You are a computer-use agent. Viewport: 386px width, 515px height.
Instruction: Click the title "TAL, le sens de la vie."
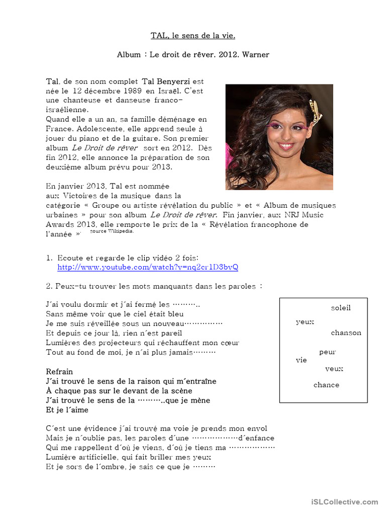coord(193,35)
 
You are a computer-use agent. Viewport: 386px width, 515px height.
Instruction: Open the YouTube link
coord(148,267)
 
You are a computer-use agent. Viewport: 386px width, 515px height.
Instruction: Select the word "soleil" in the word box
coord(341,308)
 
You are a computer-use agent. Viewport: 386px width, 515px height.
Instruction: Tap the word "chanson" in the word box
coord(346,333)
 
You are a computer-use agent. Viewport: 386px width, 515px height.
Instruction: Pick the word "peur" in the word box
coord(328,352)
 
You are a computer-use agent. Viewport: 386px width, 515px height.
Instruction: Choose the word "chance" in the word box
coord(326,385)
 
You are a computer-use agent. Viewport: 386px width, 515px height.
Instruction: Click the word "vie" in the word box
coord(301,360)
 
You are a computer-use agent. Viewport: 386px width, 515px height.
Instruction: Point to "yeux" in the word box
coord(305,322)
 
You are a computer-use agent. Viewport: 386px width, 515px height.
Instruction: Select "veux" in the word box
coord(334,369)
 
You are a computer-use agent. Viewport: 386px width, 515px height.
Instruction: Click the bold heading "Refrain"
coord(59,372)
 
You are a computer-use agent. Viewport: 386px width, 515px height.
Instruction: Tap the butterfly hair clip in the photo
coord(315,111)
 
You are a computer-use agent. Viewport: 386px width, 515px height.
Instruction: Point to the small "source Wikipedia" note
coord(112,232)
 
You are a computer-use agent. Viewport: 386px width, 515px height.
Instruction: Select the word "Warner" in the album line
coord(255,54)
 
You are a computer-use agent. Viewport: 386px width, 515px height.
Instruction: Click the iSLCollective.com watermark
coord(344,502)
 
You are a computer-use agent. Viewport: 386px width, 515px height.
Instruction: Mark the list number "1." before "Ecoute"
coord(49,257)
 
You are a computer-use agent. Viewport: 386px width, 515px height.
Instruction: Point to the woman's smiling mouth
coord(285,146)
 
